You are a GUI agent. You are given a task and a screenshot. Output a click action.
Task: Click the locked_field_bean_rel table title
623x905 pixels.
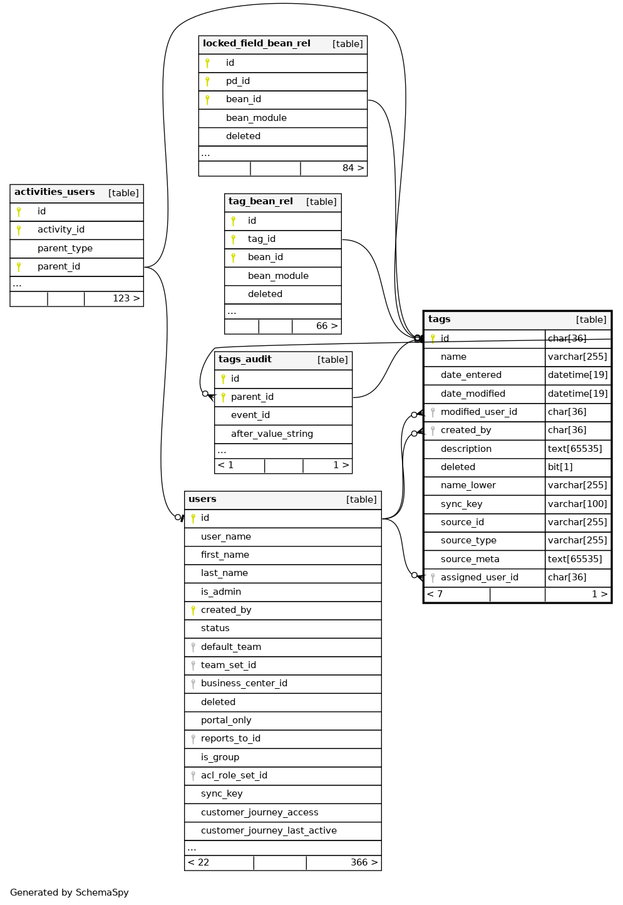(256, 44)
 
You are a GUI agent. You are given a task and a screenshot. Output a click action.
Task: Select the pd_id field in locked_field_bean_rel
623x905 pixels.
(238, 81)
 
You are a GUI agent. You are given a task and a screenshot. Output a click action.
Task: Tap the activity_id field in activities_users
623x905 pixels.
(61, 230)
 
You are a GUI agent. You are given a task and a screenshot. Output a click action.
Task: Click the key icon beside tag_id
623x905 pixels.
(234, 239)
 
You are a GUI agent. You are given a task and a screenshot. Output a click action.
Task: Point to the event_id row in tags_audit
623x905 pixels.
(250, 415)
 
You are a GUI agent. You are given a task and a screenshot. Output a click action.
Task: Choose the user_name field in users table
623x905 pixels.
(226, 536)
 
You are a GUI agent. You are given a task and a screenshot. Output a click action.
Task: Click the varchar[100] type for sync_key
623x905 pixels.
(577, 504)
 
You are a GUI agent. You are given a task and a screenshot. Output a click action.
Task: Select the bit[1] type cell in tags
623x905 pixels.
(560, 467)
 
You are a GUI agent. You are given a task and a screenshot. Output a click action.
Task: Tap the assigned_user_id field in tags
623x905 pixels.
(480, 577)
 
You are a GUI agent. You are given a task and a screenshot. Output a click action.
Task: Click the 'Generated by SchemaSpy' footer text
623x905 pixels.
(70, 892)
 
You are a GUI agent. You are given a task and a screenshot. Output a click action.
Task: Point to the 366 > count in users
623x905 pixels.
(364, 862)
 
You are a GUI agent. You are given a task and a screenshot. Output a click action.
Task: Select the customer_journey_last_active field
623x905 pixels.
(269, 830)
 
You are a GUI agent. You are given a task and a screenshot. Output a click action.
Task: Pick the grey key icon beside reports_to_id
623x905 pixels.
(193, 739)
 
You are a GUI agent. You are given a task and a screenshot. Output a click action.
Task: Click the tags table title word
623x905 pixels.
(440, 320)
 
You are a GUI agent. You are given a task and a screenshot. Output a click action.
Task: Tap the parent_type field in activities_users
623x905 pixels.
(65, 248)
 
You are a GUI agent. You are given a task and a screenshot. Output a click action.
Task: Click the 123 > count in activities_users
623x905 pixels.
(126, 298)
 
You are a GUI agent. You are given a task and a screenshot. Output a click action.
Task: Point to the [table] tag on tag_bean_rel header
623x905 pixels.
(321, 202)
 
